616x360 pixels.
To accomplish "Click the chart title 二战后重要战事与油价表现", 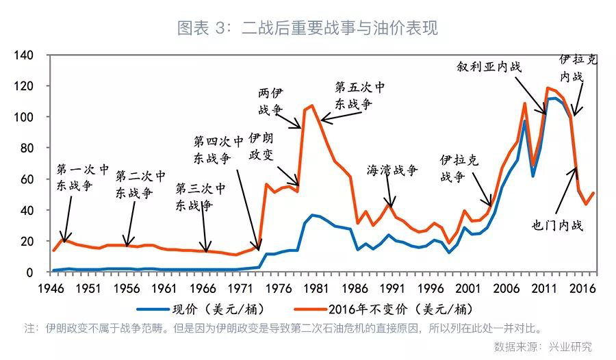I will [x=307, y=28].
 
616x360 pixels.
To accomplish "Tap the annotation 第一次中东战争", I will [x=83, y=177].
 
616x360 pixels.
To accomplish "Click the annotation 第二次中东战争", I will [x=140, y=184].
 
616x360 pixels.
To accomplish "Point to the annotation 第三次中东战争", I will [x=200, y=196].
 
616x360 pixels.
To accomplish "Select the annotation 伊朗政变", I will [x=261, y=145].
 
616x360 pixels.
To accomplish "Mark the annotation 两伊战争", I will [x=270, y=101].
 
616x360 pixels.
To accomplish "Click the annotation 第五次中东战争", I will [x=359, y=96].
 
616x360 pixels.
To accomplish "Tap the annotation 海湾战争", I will [x=392, y=170].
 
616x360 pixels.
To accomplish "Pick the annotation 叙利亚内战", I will [x=489, y=67].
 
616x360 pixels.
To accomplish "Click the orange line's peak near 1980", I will [x=312, y=105].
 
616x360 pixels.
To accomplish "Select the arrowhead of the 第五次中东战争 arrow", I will [x=322, y=121].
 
